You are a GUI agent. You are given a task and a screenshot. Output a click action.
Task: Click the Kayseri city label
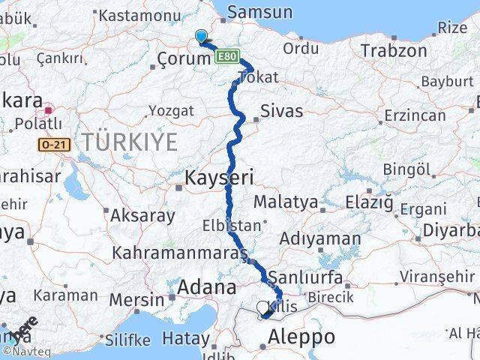[221, 178]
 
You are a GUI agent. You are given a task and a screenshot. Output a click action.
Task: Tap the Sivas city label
[281, 111]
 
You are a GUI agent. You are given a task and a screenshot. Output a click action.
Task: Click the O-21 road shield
[56, 144]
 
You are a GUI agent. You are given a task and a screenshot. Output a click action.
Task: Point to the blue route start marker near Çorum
[201, 36]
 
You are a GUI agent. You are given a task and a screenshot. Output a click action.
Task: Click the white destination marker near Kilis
[262, 307]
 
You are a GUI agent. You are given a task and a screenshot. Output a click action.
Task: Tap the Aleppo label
[299, 337]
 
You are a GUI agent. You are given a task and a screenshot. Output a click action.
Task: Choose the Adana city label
[206, 287]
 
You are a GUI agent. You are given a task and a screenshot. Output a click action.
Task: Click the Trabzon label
[393, 51]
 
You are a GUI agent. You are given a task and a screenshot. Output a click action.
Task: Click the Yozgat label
[170, 111]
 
